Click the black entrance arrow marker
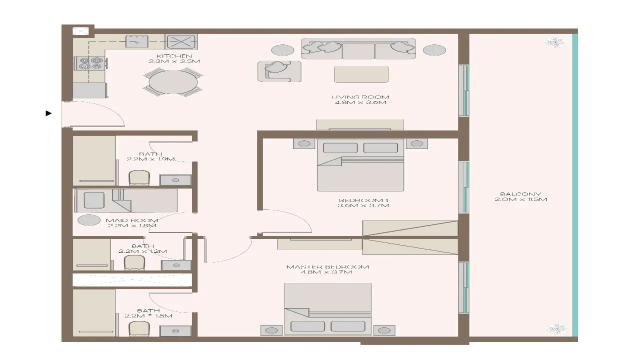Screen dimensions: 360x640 pyautogui.click(x=48, y=113)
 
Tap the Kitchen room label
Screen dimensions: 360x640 pyautogui.click(x=174, y=58)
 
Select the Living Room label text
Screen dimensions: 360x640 pyautogui.click(x=360, y=99)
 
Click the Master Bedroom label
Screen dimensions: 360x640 pyautogui.click(x=327, y=269)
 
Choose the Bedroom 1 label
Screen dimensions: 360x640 pyautogui.click(x=363, y=202)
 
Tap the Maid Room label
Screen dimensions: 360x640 pyautogui.click(x=132, y=222)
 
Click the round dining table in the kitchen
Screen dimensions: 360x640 pyautogui.click(x=173, y=81)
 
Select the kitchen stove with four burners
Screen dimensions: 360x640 pyautogui.click(x=90, y=63)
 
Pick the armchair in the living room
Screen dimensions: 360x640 pyautogui.click(x=279, y=70)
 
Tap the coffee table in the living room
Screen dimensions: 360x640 pyautogui.click(x=361, y=74)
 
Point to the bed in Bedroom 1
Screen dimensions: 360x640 pyautogui.click(x=360, y=165)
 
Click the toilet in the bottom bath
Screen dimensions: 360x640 pyautogui.click(x=138, y=329)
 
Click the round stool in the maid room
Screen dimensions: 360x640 pyautogui.click(x=89, y=220)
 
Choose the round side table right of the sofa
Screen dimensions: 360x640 pyautogui.click(x=434, y=50)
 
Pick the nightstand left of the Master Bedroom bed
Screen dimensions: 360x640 pyautogui.click(x=271, y=330)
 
